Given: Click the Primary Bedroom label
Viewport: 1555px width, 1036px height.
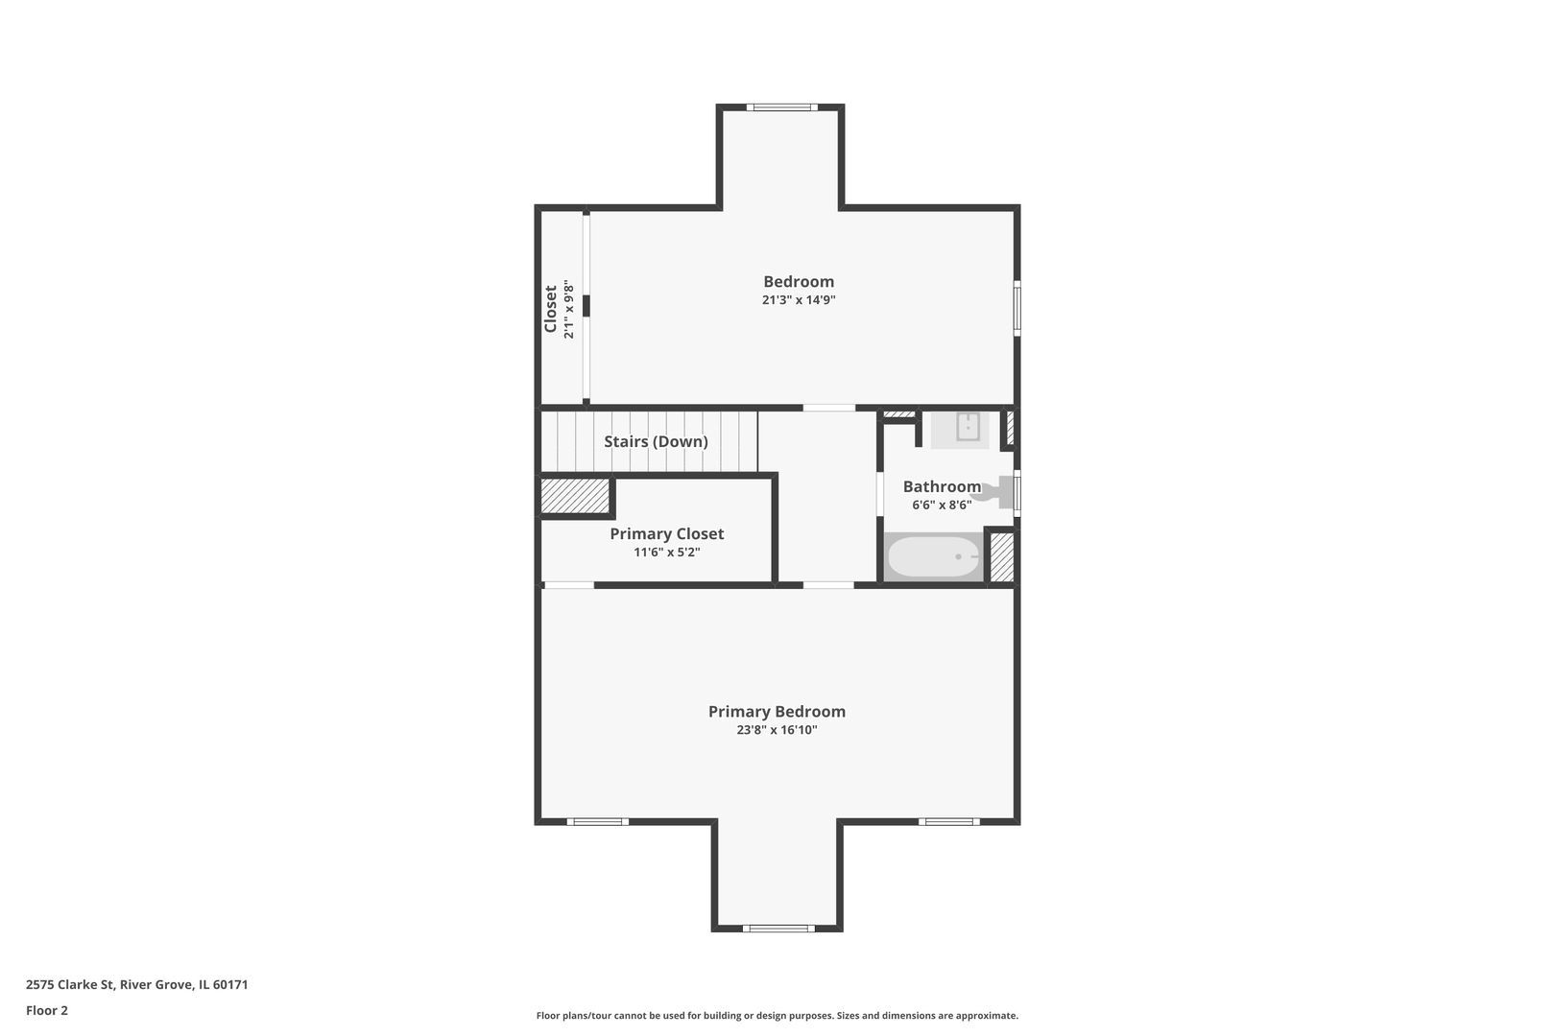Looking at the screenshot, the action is [777, 711].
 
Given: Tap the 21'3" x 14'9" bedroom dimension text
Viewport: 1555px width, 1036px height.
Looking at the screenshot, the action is [799, 299].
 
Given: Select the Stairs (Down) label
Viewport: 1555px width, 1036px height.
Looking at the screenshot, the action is [656, 441].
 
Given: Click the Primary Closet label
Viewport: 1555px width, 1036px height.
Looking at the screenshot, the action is [666, 533].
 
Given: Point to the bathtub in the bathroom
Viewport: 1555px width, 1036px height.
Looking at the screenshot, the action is [934, 556].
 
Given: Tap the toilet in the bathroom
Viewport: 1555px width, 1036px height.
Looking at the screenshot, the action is [993, 492].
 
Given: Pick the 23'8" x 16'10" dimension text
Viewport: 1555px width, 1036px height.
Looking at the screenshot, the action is [777, 730].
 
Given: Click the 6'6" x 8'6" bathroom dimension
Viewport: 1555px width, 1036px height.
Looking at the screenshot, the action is [942, 506].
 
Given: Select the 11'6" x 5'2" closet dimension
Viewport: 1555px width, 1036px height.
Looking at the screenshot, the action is [666, 553].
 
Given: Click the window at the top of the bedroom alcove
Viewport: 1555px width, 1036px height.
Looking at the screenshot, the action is [781, 106].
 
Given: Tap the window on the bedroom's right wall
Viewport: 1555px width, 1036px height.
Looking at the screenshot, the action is [1017, 308].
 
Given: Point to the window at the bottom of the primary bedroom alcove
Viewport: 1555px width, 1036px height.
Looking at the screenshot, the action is [778, 929].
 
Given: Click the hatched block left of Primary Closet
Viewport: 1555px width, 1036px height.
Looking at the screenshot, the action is [575, 496].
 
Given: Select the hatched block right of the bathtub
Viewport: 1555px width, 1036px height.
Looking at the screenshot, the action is [1002, 557].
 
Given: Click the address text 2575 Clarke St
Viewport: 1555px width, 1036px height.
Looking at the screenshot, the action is [70, 984].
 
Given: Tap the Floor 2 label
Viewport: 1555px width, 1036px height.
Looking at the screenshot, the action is [47, 1010].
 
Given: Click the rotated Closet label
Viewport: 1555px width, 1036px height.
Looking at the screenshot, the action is [551, 309].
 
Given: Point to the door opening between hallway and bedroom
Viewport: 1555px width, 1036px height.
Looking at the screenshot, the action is [829, 408].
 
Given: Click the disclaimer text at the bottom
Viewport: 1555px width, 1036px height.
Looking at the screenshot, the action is [777, 1015].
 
